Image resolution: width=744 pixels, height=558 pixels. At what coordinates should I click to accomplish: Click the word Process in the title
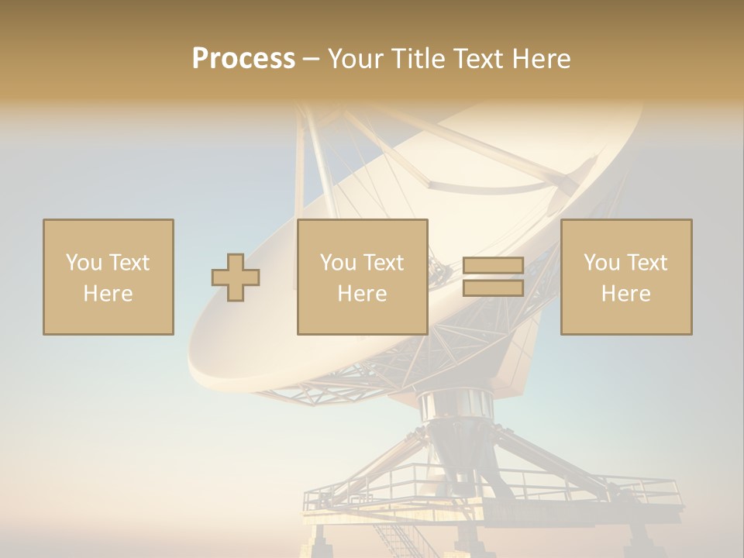pos(243,58)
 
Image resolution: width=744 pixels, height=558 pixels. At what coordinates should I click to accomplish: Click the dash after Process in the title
pos(311,60)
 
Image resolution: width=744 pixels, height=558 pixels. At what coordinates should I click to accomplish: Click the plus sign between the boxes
pos(236,277)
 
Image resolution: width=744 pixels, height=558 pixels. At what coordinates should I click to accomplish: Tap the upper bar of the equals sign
pos(493,266)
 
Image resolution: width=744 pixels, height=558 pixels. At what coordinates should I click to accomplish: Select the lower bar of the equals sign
pos(493,288)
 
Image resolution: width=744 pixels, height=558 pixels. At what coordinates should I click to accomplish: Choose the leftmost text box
pos(108,277)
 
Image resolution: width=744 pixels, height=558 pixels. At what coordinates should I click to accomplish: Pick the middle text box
pos(362,277)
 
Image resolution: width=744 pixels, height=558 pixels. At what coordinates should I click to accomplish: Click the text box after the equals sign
pos(625,277)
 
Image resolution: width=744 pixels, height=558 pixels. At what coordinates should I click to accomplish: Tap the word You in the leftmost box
pos(82,262)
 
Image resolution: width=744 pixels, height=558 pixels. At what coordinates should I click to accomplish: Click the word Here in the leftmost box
pos(108,293)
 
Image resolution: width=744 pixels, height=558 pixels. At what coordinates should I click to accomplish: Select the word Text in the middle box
pos(384,262)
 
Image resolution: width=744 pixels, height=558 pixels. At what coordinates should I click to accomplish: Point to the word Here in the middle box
pos(362,293)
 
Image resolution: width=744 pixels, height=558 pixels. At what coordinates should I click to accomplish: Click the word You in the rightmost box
pos(601,262)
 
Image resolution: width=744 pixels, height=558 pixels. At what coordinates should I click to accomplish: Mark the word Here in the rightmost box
pos(625,293)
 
